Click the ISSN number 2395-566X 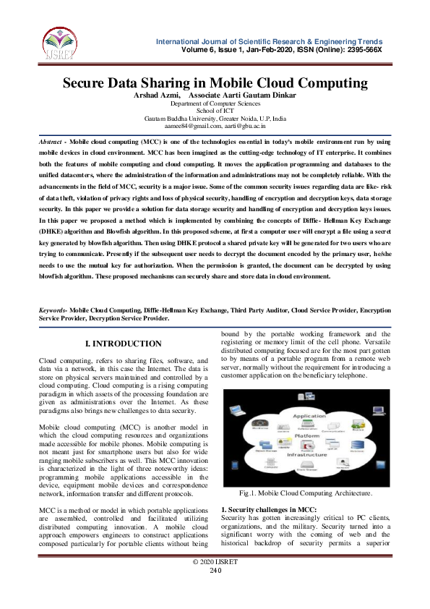pos(364,49)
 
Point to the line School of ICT pos(215,111)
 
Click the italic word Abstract pos(51,143)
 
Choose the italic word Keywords pos(53,310)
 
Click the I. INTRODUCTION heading pos(124,344)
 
